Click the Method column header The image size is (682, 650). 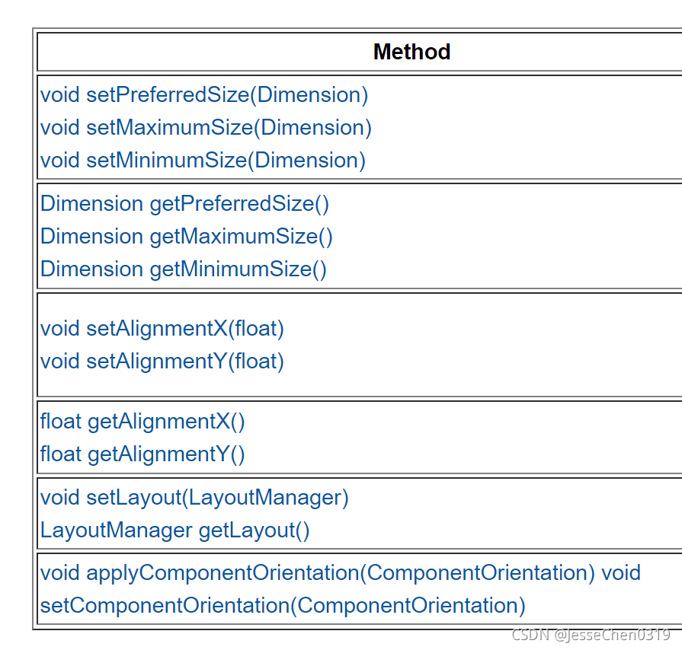[x=411, y=52]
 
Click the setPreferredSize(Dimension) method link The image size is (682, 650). [x=227, y=95]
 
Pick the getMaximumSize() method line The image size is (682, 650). [x=241, y=237]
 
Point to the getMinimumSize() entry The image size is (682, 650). [x=238, y=269]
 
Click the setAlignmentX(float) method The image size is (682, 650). [x=185, y=329]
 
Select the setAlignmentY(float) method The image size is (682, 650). [x=185, y=362]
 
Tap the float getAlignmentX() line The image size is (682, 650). [x=142, y=422]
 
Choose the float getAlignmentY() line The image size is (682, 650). [x=142, y=454]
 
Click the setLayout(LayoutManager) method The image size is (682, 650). [x=217, y=498]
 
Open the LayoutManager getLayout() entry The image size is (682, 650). [x=175, y=531]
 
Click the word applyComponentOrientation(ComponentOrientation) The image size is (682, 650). [x=341, y=573]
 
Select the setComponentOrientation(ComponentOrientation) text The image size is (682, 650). [x=283, y=606]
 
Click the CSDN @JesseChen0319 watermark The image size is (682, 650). [x=591, y=635]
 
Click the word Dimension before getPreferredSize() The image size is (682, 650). [x=91, y=204]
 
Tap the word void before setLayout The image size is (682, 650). [x=60, y=498]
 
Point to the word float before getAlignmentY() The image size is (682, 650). [x=60, y=454]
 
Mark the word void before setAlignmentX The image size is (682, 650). [x=60, y=329]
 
